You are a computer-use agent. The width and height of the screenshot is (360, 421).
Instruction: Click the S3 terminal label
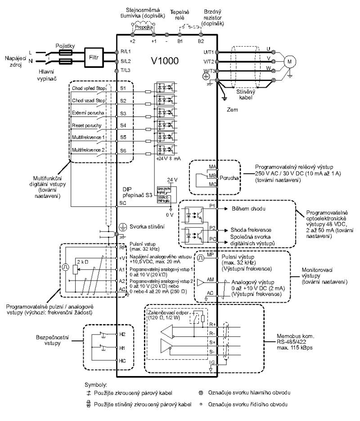(123, 115)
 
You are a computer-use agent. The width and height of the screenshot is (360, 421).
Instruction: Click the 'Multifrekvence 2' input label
(89, 149)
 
